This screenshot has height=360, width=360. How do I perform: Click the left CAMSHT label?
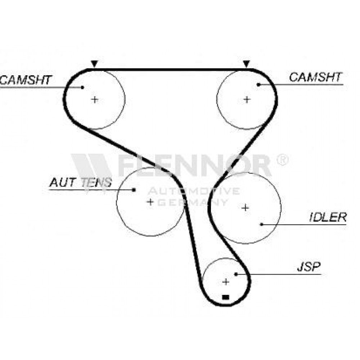pyautogui.click(x=26, y=80)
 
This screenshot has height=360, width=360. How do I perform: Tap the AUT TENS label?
pyautogui.click(x=81, y=182)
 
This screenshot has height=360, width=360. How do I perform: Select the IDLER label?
pyautogui.click(x=328, y=217)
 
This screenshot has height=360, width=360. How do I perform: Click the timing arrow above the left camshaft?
pyautogui.click(x=94, y=64)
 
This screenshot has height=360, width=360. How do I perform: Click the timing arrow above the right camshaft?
pyautogui.click(x=246, y=64)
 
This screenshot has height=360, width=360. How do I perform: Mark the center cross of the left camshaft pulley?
pyautogui.click(x=95, y=100)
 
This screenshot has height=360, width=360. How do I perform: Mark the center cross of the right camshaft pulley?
pyautogui.click(x=247, y=100)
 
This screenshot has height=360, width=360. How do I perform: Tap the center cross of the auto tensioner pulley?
pyautogui.click(x=150, y=202)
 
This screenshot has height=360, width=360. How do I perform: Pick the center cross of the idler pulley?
pyautogui.click(x=246, y=208)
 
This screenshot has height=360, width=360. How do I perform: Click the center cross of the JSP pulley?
pyautogui.click(x=226, y=282)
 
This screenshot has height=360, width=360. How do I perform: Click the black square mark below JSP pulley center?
pyautogui.click(x=226, y=297)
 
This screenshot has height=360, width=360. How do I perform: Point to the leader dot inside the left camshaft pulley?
pyautogui.click(x=82, y=87)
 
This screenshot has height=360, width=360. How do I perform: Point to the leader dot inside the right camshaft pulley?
pyautogui.click(x=258, y=85)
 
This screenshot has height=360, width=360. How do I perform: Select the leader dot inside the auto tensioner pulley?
pyautogui.click(x=134, y=190)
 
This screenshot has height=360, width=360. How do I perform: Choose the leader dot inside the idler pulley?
pyautogui.click(x=261, y=224)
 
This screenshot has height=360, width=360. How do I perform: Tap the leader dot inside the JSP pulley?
pyautogui.click(x=236, y=274)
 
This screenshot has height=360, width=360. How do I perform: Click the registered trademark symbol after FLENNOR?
pyautogui.click(x=282, y=159)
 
